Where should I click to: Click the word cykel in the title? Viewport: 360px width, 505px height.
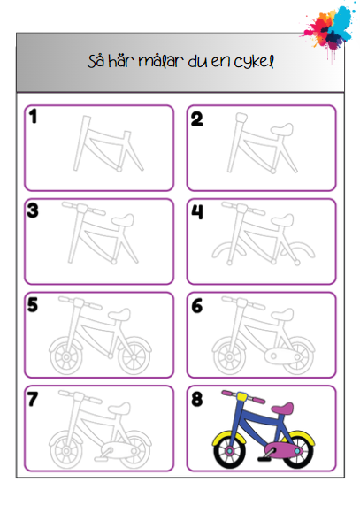[x=254, y=62]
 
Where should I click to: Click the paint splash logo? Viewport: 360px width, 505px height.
[x=328, y=29]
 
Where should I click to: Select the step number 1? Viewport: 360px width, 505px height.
[x=33, y=116]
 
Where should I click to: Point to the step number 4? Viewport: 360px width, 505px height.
[x=197, y=211]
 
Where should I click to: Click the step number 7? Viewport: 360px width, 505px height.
[x=33, y=399]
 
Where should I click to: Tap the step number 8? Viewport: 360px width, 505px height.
[x=197, y=399]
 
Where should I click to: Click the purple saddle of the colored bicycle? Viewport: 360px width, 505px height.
[x=283, y=408]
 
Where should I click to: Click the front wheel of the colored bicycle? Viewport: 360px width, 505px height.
[x=230, y=452]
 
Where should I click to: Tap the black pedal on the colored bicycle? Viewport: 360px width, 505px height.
[x=265, y=457]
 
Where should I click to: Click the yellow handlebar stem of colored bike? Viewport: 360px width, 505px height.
[x=241, y=396]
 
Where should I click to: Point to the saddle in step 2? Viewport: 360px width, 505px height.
[x=282, y=129]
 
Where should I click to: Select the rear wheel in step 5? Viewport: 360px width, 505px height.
[x=134, y=356]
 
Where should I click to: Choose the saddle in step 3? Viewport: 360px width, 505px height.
[x=122, y=220]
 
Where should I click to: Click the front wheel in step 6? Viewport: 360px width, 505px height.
[x=229, y=356]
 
